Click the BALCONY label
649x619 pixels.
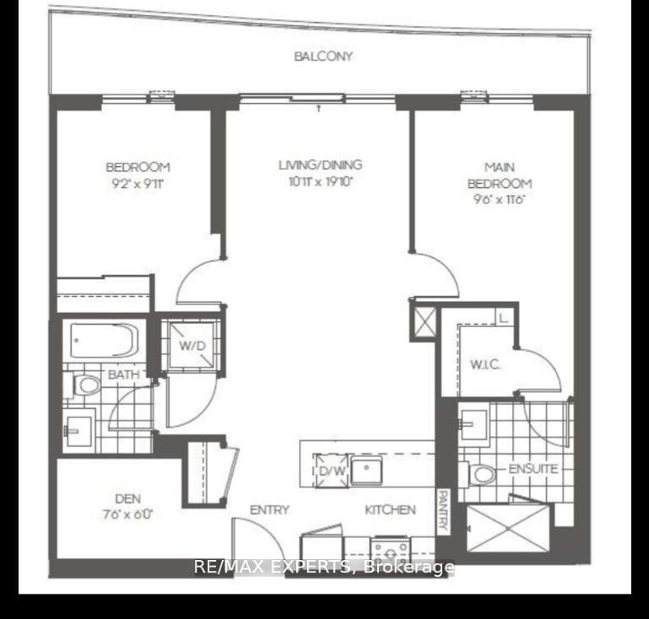(323, 57)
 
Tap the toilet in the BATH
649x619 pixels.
(87, 386)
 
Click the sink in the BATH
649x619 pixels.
(79, 428)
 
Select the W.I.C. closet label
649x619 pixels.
(487, 365)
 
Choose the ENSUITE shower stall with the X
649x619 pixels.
(507, 528)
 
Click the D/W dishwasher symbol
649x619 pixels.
(330, 469)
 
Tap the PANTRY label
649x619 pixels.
(441, 511)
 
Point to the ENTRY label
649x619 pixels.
(269, 509)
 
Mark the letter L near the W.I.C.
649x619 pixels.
(503, 319)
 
